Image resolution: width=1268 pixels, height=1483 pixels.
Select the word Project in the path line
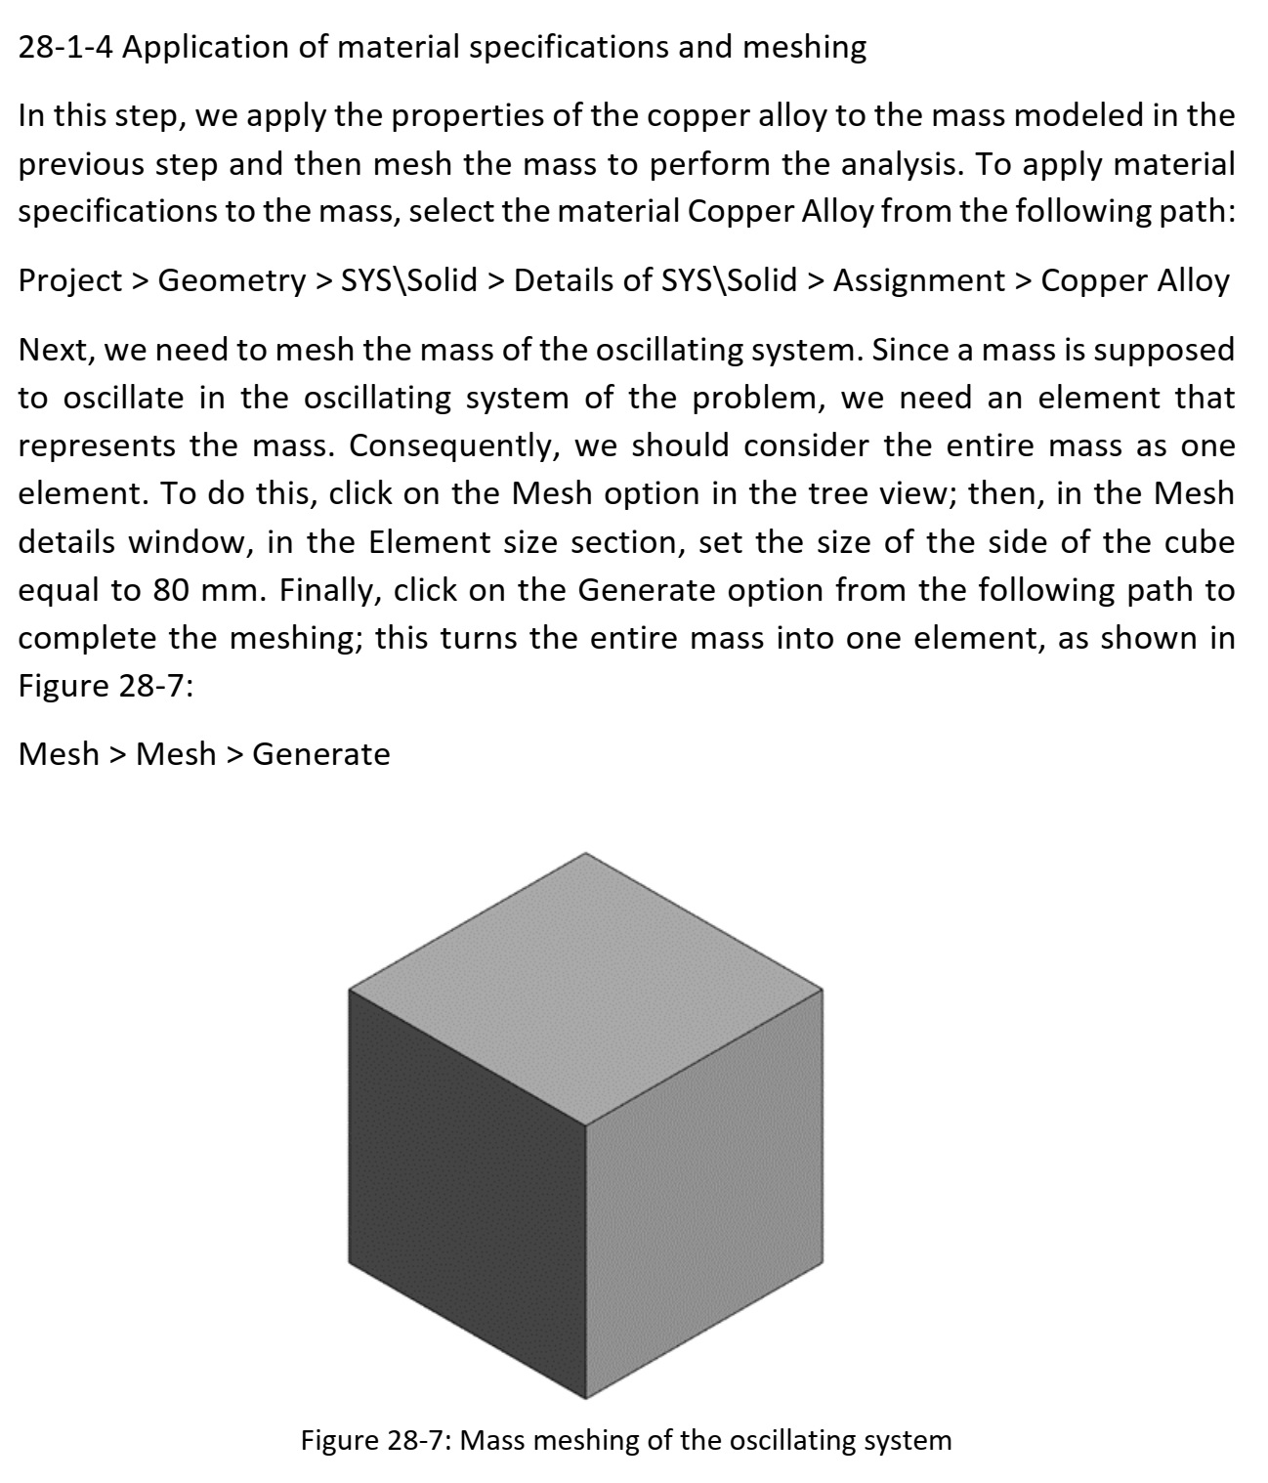69,281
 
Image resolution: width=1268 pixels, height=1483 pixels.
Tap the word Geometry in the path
232,281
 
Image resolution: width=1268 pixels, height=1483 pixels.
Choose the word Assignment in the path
918,281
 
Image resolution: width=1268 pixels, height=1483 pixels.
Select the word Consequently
453,446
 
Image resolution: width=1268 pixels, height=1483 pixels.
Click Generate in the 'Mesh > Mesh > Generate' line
321,754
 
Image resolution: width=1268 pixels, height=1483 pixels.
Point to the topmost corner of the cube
586,853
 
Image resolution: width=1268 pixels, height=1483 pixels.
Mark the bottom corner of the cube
585,1398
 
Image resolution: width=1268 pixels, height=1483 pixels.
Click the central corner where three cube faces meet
586,1124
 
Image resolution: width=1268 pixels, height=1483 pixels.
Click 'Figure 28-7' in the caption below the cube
370,1441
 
